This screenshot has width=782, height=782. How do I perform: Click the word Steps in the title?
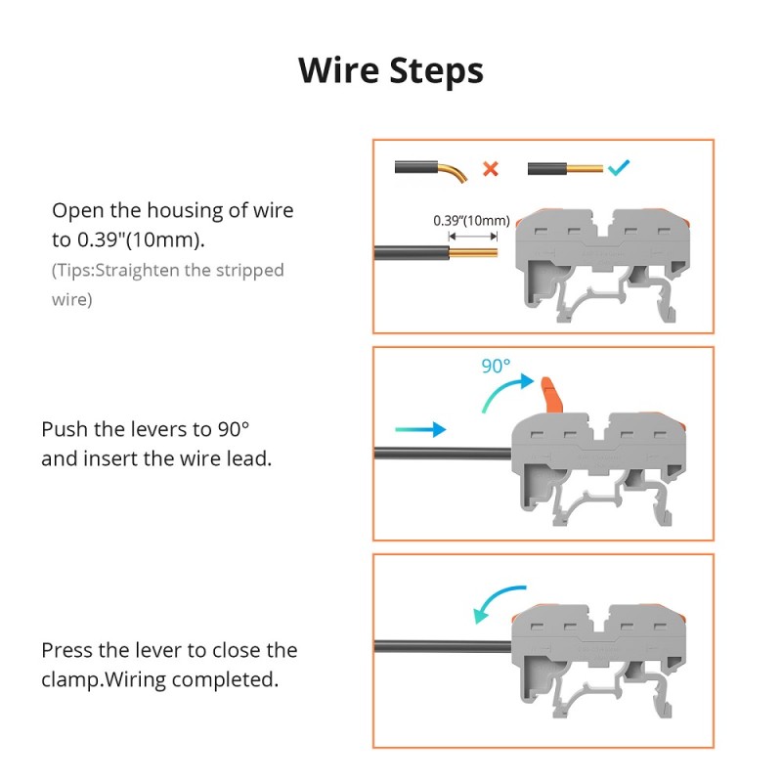pos(436,71)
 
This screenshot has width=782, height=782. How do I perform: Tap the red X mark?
pos(491,169)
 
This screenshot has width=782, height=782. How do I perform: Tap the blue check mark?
pos(619,168)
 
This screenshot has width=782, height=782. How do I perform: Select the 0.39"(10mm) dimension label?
pos(471,221)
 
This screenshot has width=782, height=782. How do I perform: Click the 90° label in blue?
pos(496,367)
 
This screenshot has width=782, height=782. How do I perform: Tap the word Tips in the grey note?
pos(74,271)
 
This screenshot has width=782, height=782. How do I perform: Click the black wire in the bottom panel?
pos(440,645)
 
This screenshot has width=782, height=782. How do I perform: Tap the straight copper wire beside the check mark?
pos(584,169)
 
